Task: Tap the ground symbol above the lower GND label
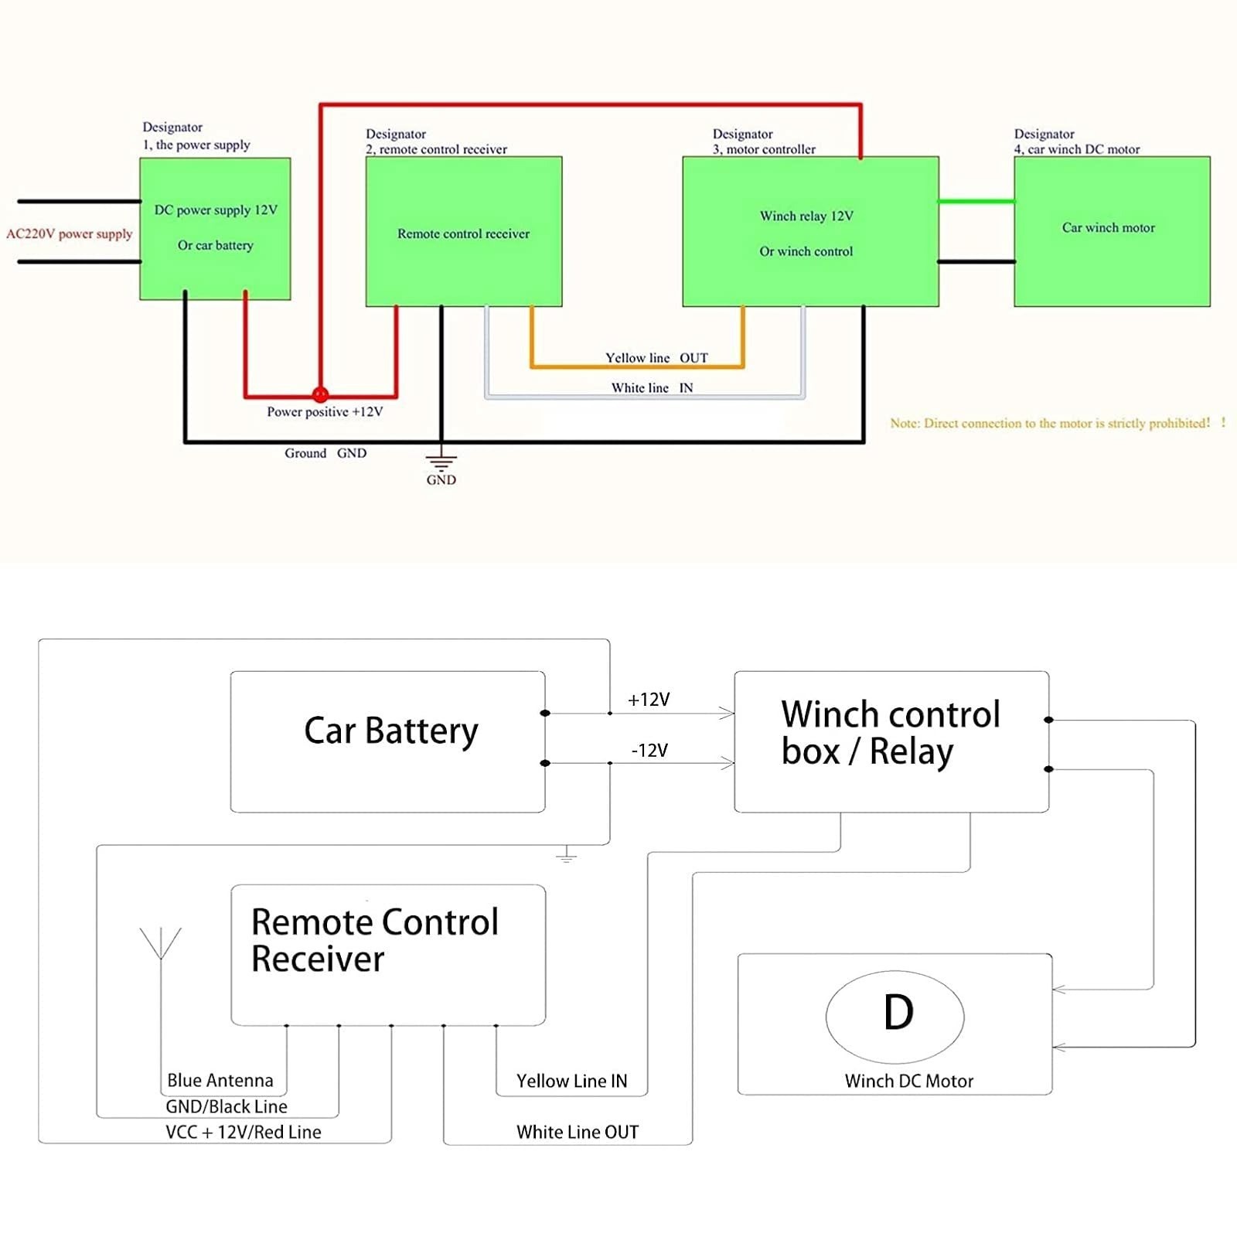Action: pos(441,458)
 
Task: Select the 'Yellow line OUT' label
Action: pos(656,358)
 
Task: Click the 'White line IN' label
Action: pos(652,388)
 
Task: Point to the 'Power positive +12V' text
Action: pos(325,412)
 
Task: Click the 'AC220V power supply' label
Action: pos(70,233)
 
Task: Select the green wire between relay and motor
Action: pos(976,201)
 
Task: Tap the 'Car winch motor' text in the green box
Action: pos(1108,227)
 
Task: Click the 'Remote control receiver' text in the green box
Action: pos(463,233)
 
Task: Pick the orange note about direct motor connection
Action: pos(1058,423)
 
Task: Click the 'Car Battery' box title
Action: pos(391,731)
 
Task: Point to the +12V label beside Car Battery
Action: pos(649,700)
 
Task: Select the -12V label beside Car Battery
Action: pos(649,751)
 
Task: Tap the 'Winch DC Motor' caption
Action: pos(909,1081)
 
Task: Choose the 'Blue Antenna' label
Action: pos(220,1080)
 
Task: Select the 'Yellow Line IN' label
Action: pos(572,1081)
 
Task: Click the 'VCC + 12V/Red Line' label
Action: pos(244,1132)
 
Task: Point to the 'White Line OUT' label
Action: pos(578,1132)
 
